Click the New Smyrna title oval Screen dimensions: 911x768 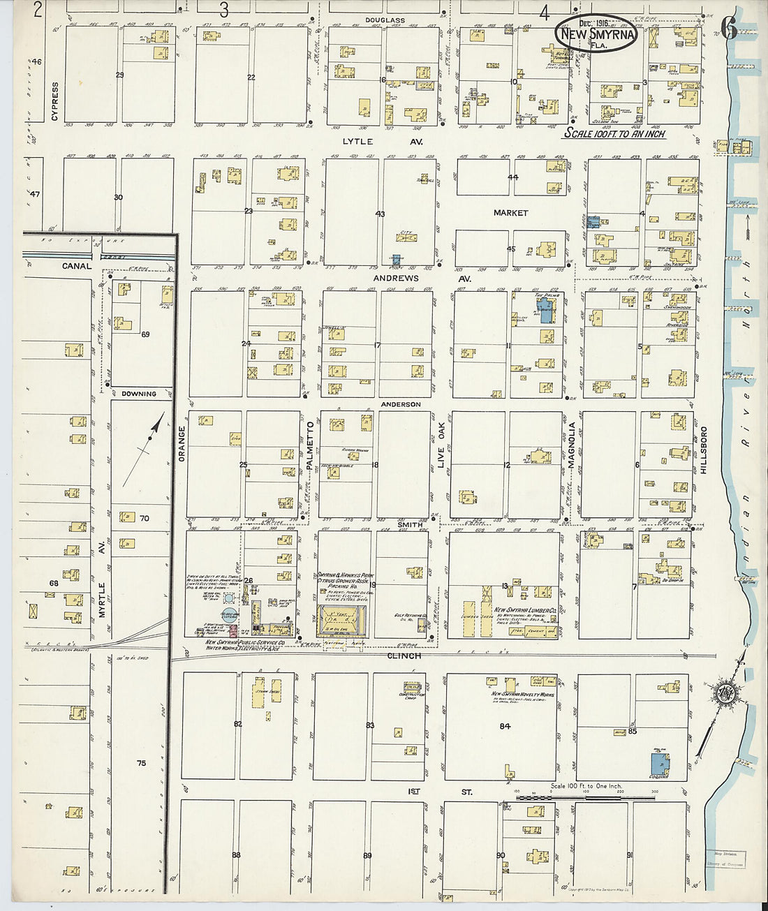(x=595, y=34)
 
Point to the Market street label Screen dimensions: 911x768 (x=510, y=213)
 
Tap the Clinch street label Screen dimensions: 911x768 (x=404, y=656)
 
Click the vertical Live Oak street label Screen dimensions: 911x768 (x=441, y=444)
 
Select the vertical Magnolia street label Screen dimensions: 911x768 (x=572, y=445)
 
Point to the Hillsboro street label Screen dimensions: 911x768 (x=704, y=450)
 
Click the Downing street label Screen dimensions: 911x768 (x=139, y=394)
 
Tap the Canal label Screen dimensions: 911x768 (x=76, y=266)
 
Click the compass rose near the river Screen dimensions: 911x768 (x=723, y=693)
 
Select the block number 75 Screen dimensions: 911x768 (x=141, y=763)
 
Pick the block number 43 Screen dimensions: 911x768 (x=380, y=214)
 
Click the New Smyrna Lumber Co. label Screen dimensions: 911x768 (x=524, y=610)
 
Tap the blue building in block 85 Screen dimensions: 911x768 (x=658, y=763)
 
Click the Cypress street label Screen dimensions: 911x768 (x=55, y=102)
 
